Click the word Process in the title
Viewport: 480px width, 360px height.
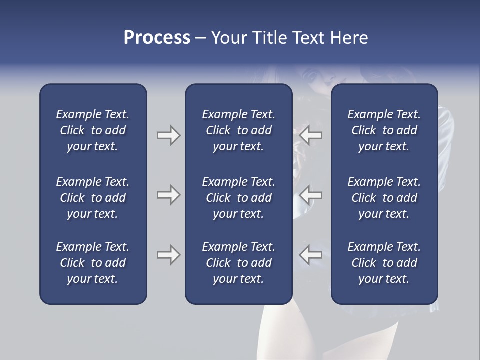coord(157,38)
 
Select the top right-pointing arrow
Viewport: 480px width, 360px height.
coord(168,135)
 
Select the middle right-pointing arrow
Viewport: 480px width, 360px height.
coord(168,195)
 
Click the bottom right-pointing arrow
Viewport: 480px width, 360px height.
coord(168,255)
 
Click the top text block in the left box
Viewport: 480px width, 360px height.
coord(93,130)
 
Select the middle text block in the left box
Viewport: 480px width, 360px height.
coord(93,198)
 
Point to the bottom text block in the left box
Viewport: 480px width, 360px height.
coord(93,263)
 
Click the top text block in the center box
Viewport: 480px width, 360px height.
coord(238,130)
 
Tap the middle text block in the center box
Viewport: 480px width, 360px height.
coord(238,198)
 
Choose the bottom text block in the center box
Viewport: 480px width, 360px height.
coord(238,263)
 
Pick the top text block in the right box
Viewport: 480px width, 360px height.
coord(384,130)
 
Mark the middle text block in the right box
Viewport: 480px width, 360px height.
coord(384,198)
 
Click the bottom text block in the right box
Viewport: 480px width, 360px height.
coord(384,263)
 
